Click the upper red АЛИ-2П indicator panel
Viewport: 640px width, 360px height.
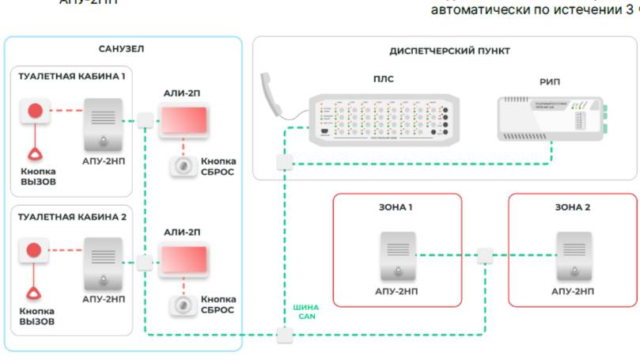tap(184, 119)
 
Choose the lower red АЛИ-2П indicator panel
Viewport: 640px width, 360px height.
tap(184, 260)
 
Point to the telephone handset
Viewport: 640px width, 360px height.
tap(276, 95)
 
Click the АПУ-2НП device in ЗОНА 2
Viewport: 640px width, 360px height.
tap(572, 256)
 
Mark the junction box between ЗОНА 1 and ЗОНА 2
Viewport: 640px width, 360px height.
tap(485, 256)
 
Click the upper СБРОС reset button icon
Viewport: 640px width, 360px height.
tap(183, 165)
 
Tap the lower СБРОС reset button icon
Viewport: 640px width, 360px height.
tap(183, 305)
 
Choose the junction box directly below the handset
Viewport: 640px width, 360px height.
tap(284, 164)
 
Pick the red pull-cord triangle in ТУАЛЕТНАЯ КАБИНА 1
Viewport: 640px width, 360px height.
tap(35, 153)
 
